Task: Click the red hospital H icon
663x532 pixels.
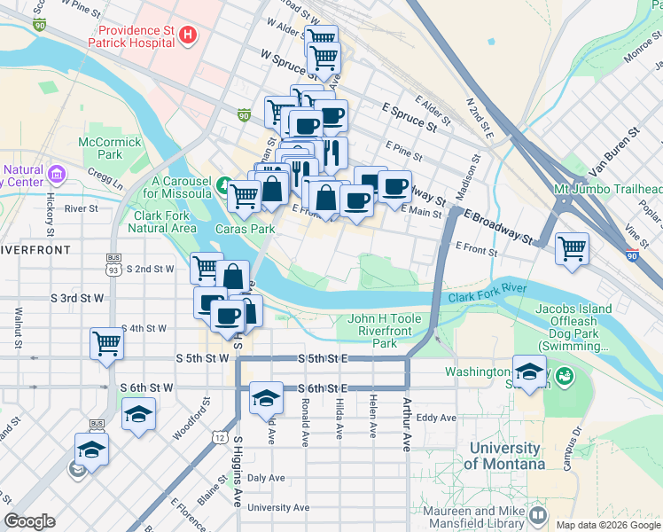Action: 187,35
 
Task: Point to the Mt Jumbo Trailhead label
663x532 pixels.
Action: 608,190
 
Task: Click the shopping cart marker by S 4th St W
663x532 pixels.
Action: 106,342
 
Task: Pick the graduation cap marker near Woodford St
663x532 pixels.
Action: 138,414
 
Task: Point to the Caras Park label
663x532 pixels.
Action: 242,228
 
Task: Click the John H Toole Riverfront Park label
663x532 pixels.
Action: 384,330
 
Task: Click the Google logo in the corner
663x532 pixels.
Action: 29,521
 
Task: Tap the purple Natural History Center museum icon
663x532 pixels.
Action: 58,171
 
